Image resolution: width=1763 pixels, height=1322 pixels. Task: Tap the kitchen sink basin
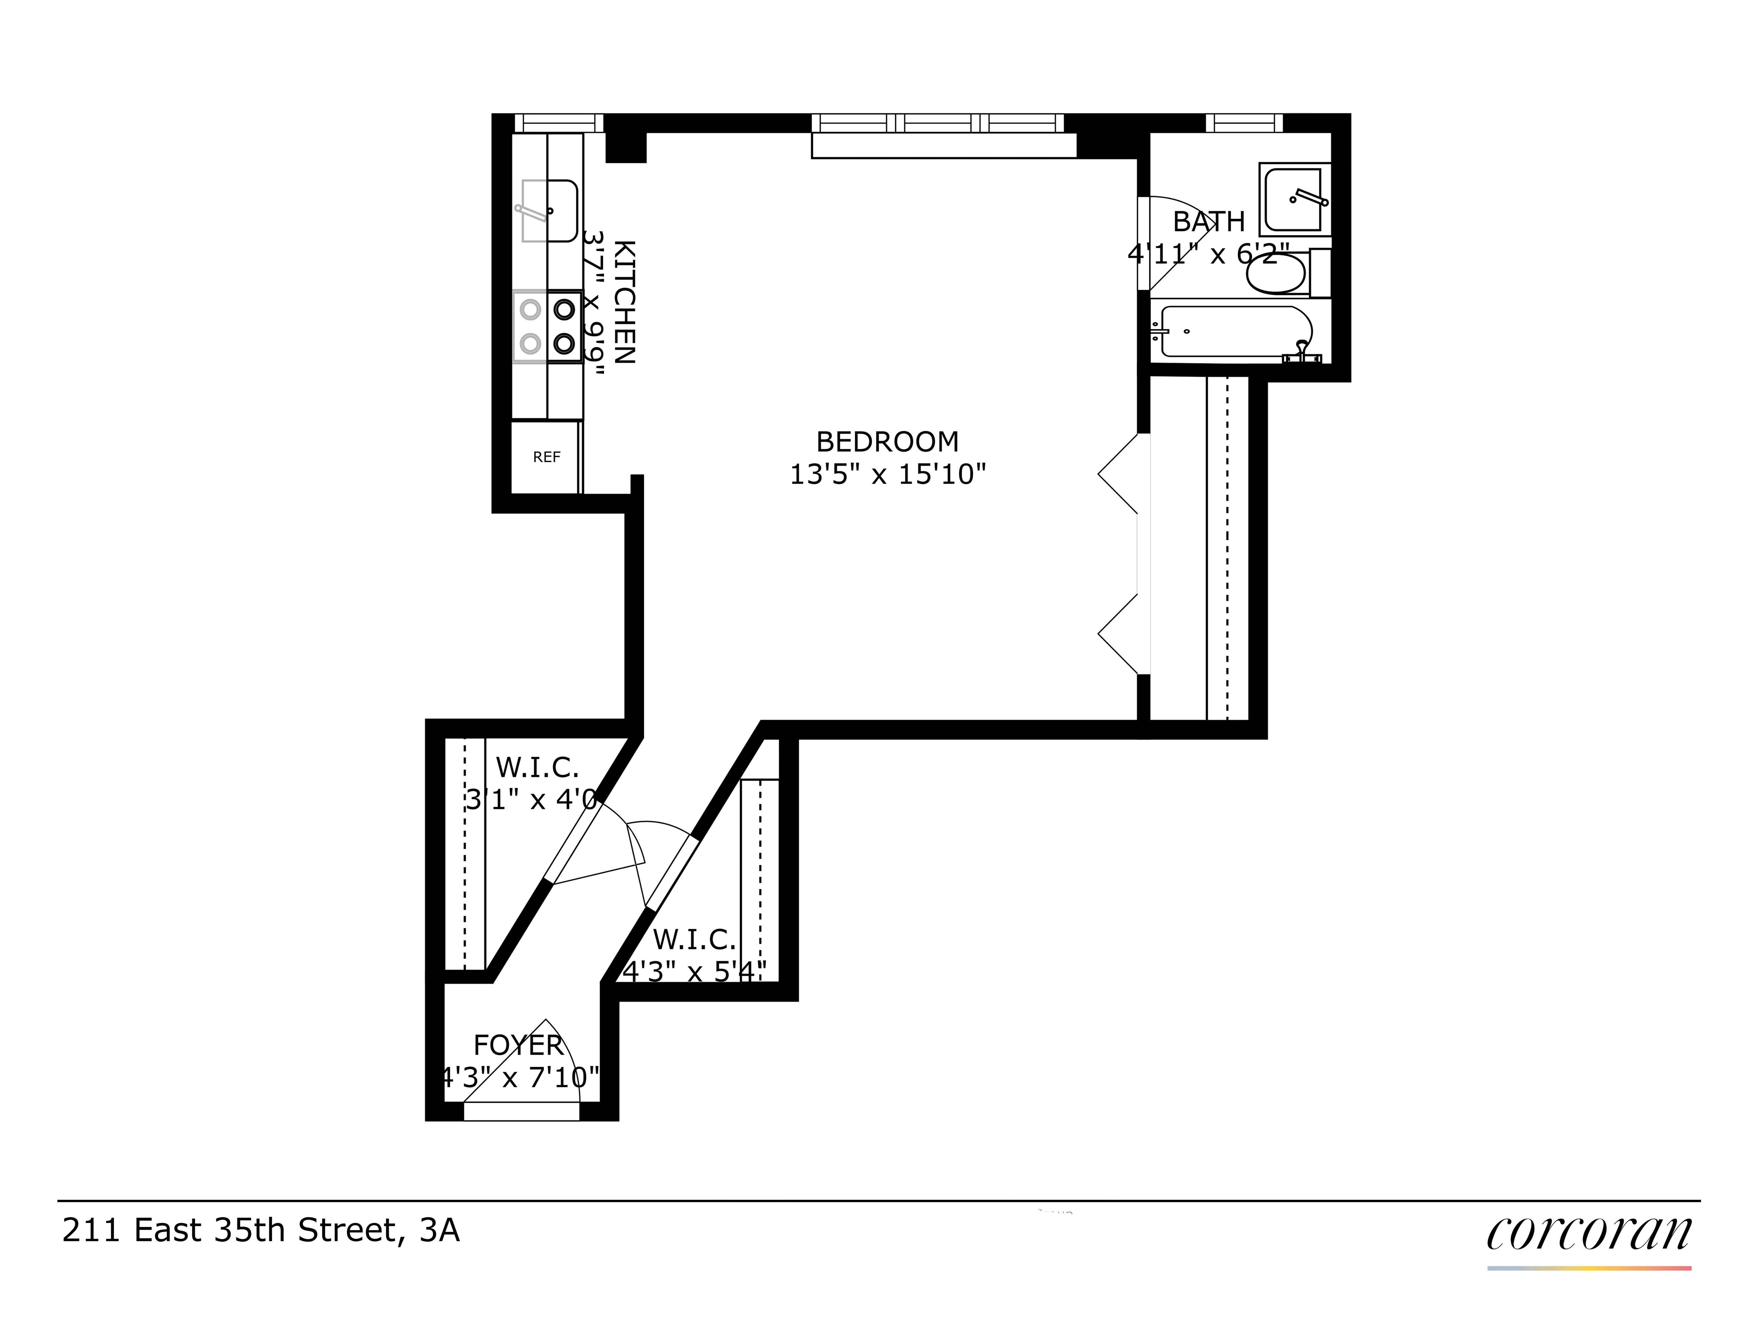pyautogui.click(x=549, y=210)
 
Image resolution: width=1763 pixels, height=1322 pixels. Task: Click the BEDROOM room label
pyautogui.click(x=887, y=442)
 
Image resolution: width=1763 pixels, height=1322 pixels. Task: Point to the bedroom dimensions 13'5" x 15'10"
pyautogui.click(x=887, y=475)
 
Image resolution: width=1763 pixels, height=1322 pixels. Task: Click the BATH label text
pyautogui.click(x=1208, y=222)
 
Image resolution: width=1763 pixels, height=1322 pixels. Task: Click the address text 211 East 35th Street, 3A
pyautogui.click(x=261, y=1231)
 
